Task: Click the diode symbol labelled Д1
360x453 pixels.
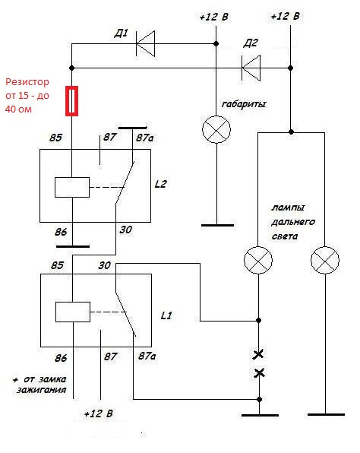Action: point(146,43)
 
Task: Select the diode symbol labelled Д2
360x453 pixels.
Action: point(251,68)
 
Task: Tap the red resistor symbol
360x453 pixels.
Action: point(71,101)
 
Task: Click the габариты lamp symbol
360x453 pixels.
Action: point(216,129)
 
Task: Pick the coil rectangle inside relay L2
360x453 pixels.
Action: point(72,187)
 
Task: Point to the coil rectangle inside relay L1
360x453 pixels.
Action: point(73,312)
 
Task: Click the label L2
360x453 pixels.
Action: point(160,184)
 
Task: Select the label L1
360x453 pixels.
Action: point(166,315)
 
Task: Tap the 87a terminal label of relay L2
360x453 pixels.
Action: point(144,138)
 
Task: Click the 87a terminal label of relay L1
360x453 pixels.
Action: point(147,356)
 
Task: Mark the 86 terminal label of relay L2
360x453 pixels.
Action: point(61,232)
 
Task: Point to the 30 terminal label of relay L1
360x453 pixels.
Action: point(104,265)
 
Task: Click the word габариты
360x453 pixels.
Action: point(244,104)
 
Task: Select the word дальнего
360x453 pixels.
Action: point(293,222)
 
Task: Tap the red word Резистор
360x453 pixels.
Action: point(27,82)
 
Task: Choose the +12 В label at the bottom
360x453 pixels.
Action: point(99,413)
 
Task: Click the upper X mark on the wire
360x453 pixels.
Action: point(258,354)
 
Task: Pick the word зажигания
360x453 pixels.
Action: point(42,390)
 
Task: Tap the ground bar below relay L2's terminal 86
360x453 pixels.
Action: point(73,246)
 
